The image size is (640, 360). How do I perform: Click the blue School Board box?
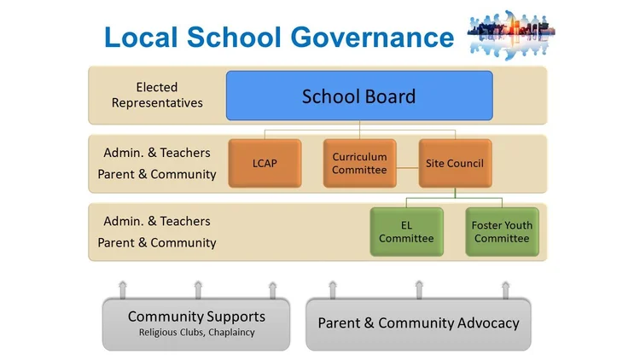358,96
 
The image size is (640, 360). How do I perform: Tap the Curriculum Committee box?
359,163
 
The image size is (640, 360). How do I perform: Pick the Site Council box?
455,163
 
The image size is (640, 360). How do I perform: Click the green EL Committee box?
406,232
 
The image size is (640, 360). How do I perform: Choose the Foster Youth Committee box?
502,232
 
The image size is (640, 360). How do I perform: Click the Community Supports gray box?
196,323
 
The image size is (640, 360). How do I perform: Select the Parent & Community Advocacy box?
418,323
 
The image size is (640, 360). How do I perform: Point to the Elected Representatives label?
157,95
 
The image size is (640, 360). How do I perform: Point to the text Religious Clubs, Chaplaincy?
196,333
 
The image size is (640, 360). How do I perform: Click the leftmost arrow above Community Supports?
122,287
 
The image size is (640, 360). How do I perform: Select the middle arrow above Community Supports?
198,287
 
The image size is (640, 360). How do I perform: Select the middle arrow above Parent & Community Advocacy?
418,287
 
